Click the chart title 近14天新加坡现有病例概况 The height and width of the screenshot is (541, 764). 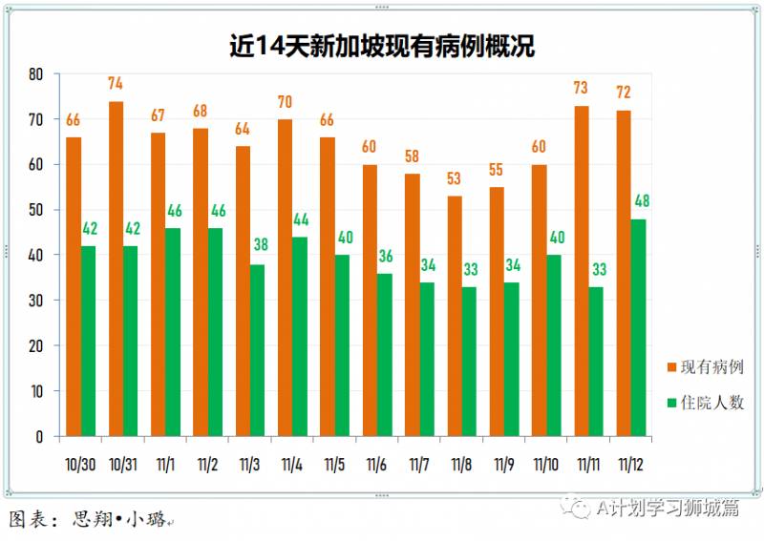coord(382,46)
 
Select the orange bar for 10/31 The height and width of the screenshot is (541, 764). coord(116,269)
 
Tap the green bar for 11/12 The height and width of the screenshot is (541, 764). coord(638,327)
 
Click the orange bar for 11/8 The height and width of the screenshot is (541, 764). coord(455,316)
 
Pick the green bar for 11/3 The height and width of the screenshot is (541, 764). coord(257,350)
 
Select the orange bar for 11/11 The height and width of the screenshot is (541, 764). coord(582,271)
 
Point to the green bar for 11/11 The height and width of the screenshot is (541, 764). coord(596,362)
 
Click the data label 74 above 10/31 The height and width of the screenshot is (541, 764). coord(116,83)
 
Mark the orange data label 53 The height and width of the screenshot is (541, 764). coord(455,178)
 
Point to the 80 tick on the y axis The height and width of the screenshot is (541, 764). coord(35,74)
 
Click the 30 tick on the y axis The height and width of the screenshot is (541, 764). coord(35,301)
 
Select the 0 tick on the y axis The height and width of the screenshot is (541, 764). coord(39,437)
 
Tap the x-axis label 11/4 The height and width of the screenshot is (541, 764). coord(292,465)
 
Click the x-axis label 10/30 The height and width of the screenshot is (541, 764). coord(80,465)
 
